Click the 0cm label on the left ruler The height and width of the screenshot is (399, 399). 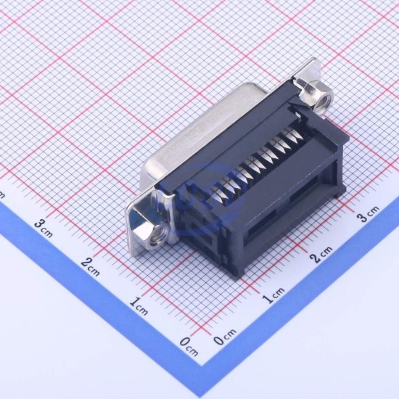(x=189, y=347)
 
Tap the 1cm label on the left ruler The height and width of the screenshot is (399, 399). (x=139, y=306)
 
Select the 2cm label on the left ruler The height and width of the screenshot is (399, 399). (x=91, y=267)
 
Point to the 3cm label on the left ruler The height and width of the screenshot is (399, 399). (x=44, y=229)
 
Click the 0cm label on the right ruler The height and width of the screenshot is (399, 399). (x=225, y=337)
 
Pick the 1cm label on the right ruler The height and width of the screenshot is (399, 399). (x=273, y=296)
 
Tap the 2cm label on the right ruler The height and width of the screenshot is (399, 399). (x=321, y=255)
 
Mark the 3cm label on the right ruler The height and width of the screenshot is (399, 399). (x=368, y=214)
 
